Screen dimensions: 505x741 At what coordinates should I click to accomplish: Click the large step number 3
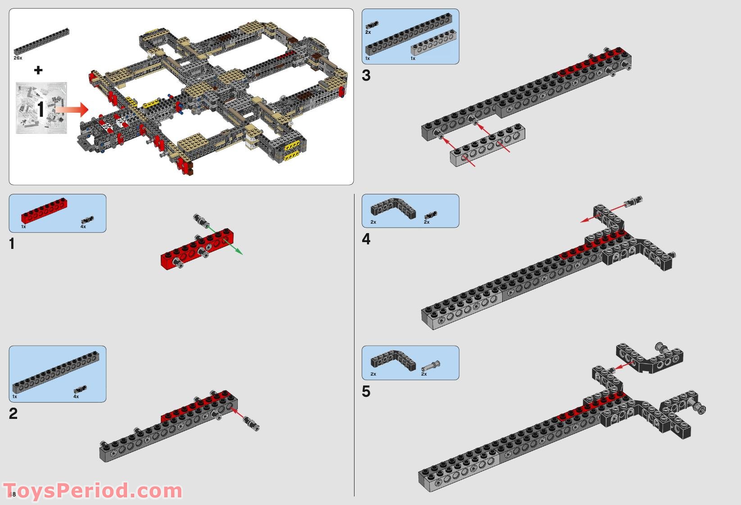[x=366, y=76]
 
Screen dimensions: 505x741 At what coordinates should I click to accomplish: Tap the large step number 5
[x=366, y=391]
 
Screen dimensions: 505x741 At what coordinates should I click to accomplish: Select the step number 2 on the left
[x=13, y=413]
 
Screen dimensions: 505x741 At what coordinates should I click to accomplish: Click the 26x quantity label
[x=18, y=58]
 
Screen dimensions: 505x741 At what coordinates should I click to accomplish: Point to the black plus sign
[x=38, y=70]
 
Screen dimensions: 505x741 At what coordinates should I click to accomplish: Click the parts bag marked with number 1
[x=41, y=108]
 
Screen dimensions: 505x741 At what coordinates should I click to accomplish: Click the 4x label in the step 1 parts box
[x=83, y=227]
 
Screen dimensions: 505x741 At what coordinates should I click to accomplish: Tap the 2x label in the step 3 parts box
[x=368, y=32]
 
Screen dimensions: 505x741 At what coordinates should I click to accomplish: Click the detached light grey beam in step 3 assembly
[x=488, y=145]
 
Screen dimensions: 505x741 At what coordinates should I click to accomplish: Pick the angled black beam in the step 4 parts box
[x=393, y=208]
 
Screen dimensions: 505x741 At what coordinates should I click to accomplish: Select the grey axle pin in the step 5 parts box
[x=431, y=365]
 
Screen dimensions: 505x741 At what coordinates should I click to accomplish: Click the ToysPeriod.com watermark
[x=92, y=490]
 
